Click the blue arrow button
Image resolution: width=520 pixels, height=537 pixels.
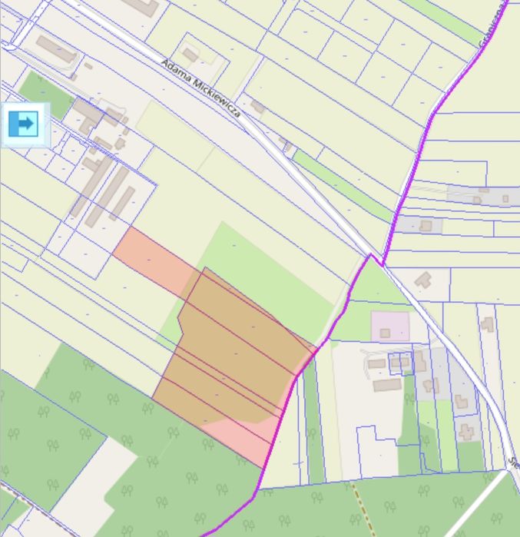pos(25,123)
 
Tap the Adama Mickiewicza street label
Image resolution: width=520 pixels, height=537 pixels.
pos(202,89)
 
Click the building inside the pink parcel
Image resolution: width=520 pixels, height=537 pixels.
pos(385,333)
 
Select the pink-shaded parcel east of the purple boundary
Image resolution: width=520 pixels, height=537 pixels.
pos(390,325)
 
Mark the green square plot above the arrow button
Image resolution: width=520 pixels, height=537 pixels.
pos(42,91)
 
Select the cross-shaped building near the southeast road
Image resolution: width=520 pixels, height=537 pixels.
pos(466,432)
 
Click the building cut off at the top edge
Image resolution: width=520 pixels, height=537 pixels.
pos(142,6)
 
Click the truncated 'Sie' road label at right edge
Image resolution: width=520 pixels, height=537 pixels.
pos(513,462)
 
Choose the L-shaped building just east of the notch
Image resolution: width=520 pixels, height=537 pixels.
pos(422,279)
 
